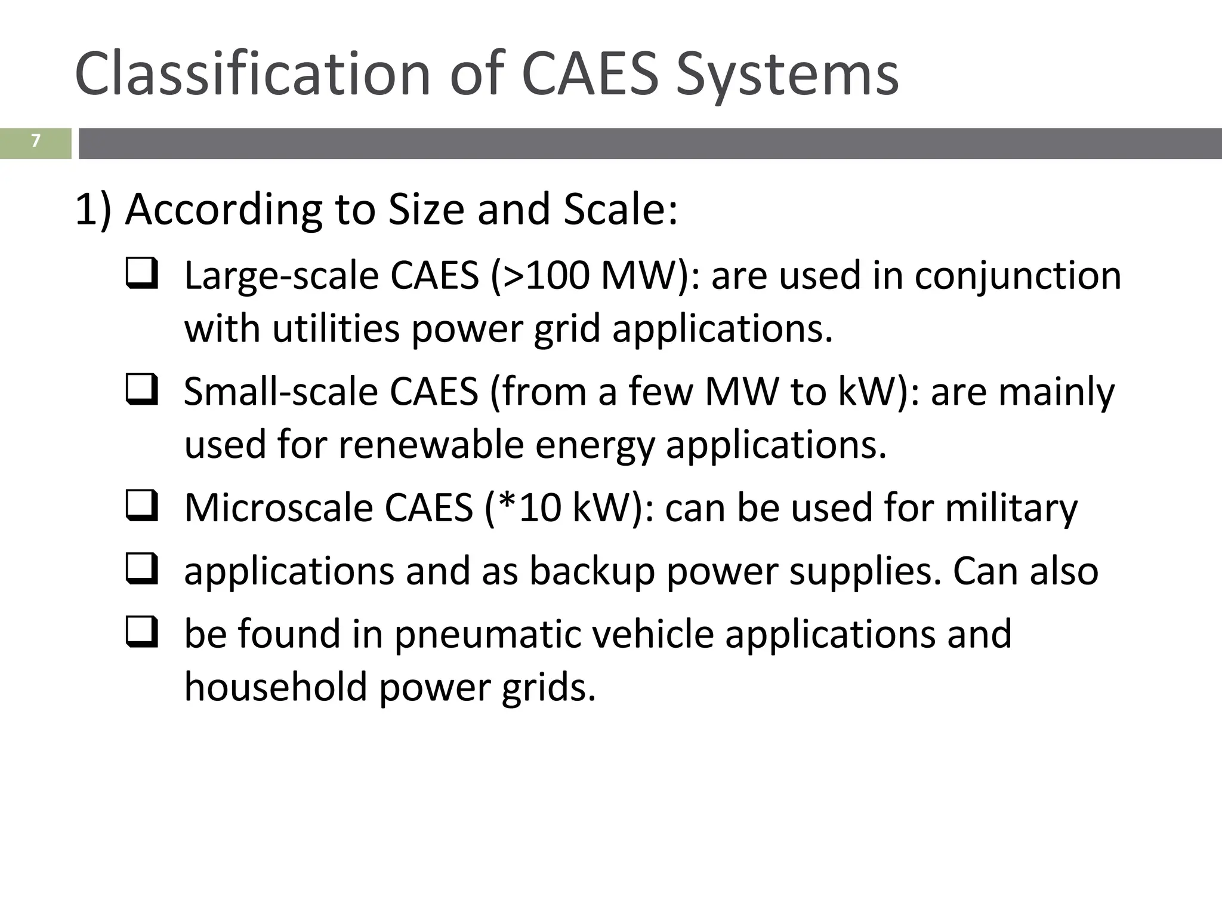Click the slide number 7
point(36,141)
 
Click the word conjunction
point(1017,277)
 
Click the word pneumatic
point(487,635)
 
